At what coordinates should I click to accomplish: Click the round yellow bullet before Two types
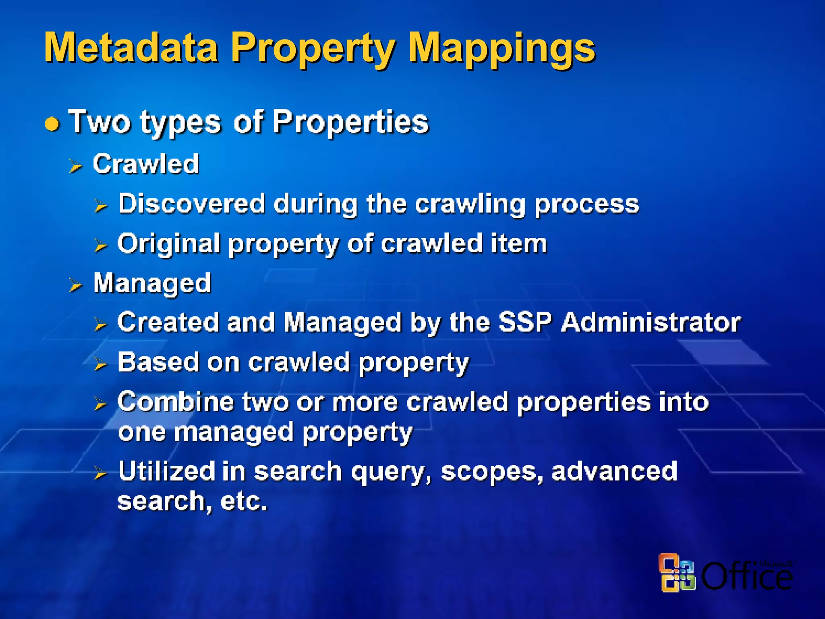tap(52, 124)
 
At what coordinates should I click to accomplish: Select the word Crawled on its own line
tap(146, 164)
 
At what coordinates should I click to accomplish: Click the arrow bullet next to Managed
tap(75, 285)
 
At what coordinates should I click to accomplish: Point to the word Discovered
tap(192, 204)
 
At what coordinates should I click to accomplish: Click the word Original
tap(168, 244)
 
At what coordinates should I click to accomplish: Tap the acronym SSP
tap(524, 323)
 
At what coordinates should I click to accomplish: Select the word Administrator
tap(651, 323)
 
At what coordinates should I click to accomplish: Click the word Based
tap(158, 362)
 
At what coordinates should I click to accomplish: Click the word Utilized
tap(167, 471)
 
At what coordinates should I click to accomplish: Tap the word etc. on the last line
tap(244, 501)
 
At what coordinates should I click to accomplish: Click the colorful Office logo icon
tap(677, 573)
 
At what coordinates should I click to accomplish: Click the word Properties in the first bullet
tap(350, 122)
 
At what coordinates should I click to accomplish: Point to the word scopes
tap(491, 472)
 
